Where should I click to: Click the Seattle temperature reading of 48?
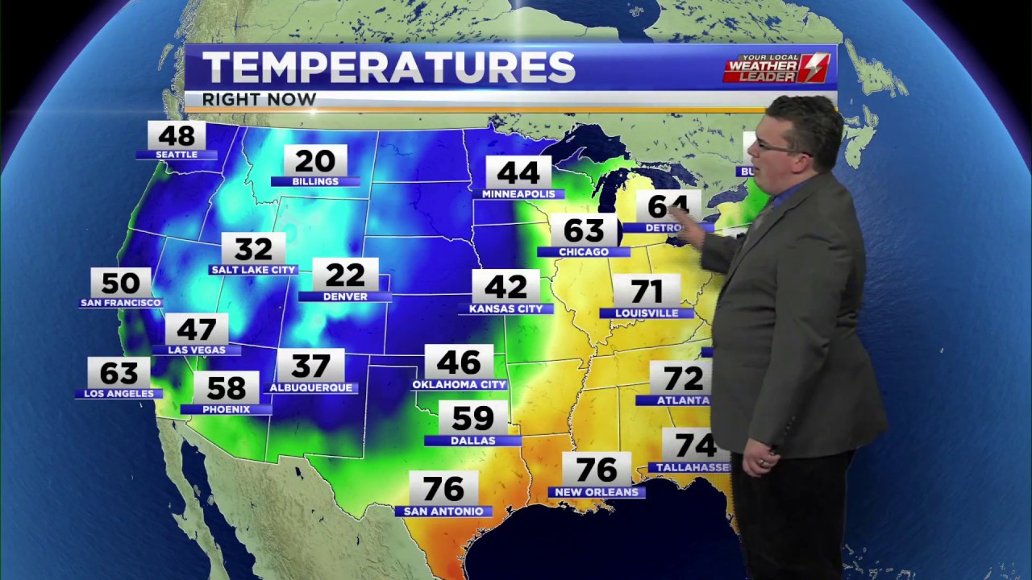tap(177, 135)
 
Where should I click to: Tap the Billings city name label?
tap(315, 182)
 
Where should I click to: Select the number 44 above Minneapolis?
tap(518, 172)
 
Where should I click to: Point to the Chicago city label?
tap(584, 252)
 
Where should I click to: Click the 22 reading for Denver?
tap(345, 275)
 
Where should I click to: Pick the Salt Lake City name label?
tap(253, 270)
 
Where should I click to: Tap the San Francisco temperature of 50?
tap(121, 284)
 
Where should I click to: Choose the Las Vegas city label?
tap(197, 350)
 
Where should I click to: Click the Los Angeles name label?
tap(119, 394)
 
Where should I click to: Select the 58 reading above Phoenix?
tap(226, 387)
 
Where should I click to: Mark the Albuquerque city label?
tap(310, 387)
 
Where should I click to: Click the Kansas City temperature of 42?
tap(506, 287)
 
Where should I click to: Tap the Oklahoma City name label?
tap(460, 385)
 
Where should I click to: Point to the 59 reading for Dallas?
tap(472, 418)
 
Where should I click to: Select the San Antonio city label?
tap(443, 512)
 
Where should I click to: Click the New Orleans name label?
tap(597, 492)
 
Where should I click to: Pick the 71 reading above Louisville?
tap(647, 292)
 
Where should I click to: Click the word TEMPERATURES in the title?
tap(389, 68)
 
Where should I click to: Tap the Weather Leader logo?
tap(776, 68)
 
